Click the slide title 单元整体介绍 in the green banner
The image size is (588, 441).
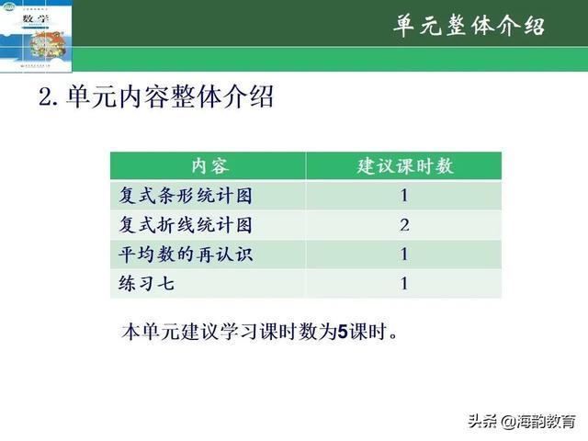click(x=469, y=25)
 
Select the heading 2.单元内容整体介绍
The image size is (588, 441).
click(x=157, y=97)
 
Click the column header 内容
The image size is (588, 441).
click(x=209, y=166)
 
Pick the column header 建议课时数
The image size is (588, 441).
click(x=404, y=166)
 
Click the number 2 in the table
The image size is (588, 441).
click(x=404, y=225)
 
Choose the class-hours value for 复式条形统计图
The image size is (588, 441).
click(x=404, y=196)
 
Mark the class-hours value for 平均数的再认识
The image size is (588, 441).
click(x=404, y=254)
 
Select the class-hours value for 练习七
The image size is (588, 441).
click(x=404, y=284)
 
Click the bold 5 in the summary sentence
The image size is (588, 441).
click(x=343, y=331)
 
